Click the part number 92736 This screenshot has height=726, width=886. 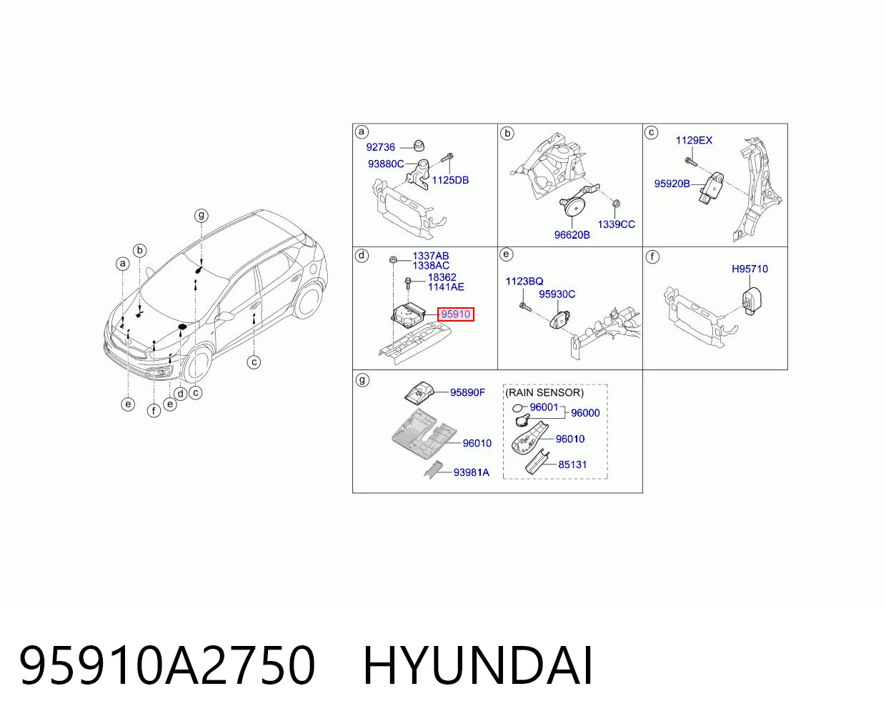[x=380, y=147]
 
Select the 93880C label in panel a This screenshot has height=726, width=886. [x=386, y=164]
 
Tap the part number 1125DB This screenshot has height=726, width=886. [x=450, y=180]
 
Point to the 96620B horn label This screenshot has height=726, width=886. [x=572, y=235]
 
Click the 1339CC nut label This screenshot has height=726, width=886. [x=617, y=224]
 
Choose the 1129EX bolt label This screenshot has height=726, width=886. [x=694, y=140]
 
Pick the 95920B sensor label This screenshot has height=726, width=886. [x=672, y=184]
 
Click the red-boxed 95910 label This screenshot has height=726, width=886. [x=456, y=314]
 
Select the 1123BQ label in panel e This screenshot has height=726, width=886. [x=524, y=281]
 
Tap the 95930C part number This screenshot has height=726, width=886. [x=557, y=294]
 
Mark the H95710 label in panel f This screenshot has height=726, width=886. [x=750, y=269]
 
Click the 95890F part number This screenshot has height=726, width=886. [x=467, y=392]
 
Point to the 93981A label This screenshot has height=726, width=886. [x=472, y=472]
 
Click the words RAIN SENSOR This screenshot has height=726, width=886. [x=544, y=392]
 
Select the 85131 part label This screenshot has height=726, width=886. [x=572, y=464]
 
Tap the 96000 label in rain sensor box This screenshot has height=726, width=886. [x=585, y=413]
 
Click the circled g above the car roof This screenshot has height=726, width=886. [x=201, y=216]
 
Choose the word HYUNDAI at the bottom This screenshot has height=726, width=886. [x=478, y=667]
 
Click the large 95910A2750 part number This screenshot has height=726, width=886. [x=166, y=667]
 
